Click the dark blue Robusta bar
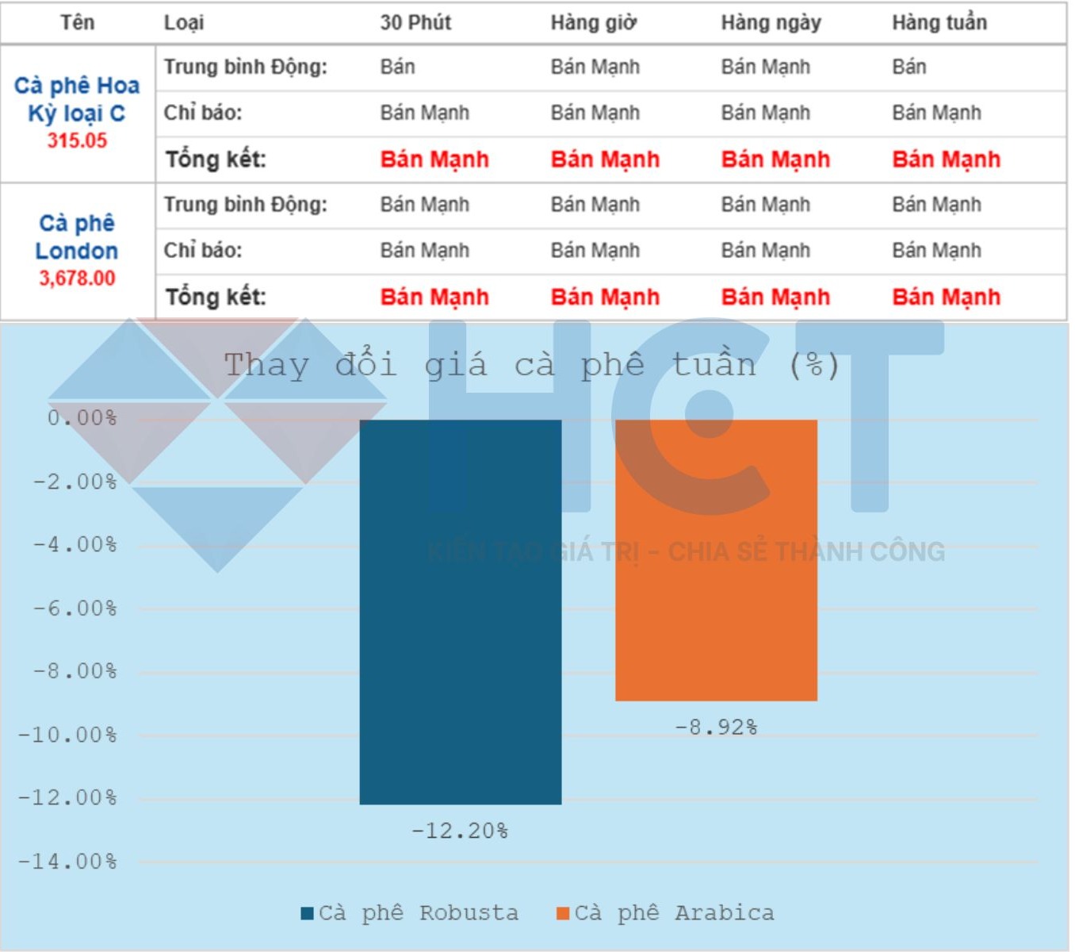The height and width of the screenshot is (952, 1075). click(460, 611)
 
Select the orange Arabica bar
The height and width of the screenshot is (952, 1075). click(716, 559)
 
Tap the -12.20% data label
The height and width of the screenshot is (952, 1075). click(460, 831)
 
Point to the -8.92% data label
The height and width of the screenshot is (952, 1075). click(716, 727)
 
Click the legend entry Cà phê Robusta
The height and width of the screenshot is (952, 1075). click(410, 913)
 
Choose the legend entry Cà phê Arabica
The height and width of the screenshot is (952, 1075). click(666, 913)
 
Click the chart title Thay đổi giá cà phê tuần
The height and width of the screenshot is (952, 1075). click(531, 365)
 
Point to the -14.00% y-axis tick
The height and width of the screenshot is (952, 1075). click(67, 862)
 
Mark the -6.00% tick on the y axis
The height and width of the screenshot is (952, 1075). click(75, 608)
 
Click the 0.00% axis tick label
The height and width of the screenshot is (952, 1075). click(82, 418)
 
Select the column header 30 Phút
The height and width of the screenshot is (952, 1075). click(415, 22)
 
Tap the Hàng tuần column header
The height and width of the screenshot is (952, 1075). click(939, 22)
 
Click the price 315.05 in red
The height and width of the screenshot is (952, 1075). click(77, 140)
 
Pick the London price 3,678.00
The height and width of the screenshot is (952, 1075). click(77, 278)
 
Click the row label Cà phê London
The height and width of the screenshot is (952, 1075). click(77, 236)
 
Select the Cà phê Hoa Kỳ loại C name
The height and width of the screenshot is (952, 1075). click(77, 98)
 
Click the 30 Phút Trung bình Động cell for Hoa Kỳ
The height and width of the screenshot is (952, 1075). click(397, 67)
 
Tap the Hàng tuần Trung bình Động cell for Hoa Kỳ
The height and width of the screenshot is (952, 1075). click(909, 67)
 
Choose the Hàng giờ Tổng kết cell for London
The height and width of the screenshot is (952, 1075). click(605, 297)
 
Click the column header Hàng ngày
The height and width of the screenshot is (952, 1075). click(771, 22)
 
